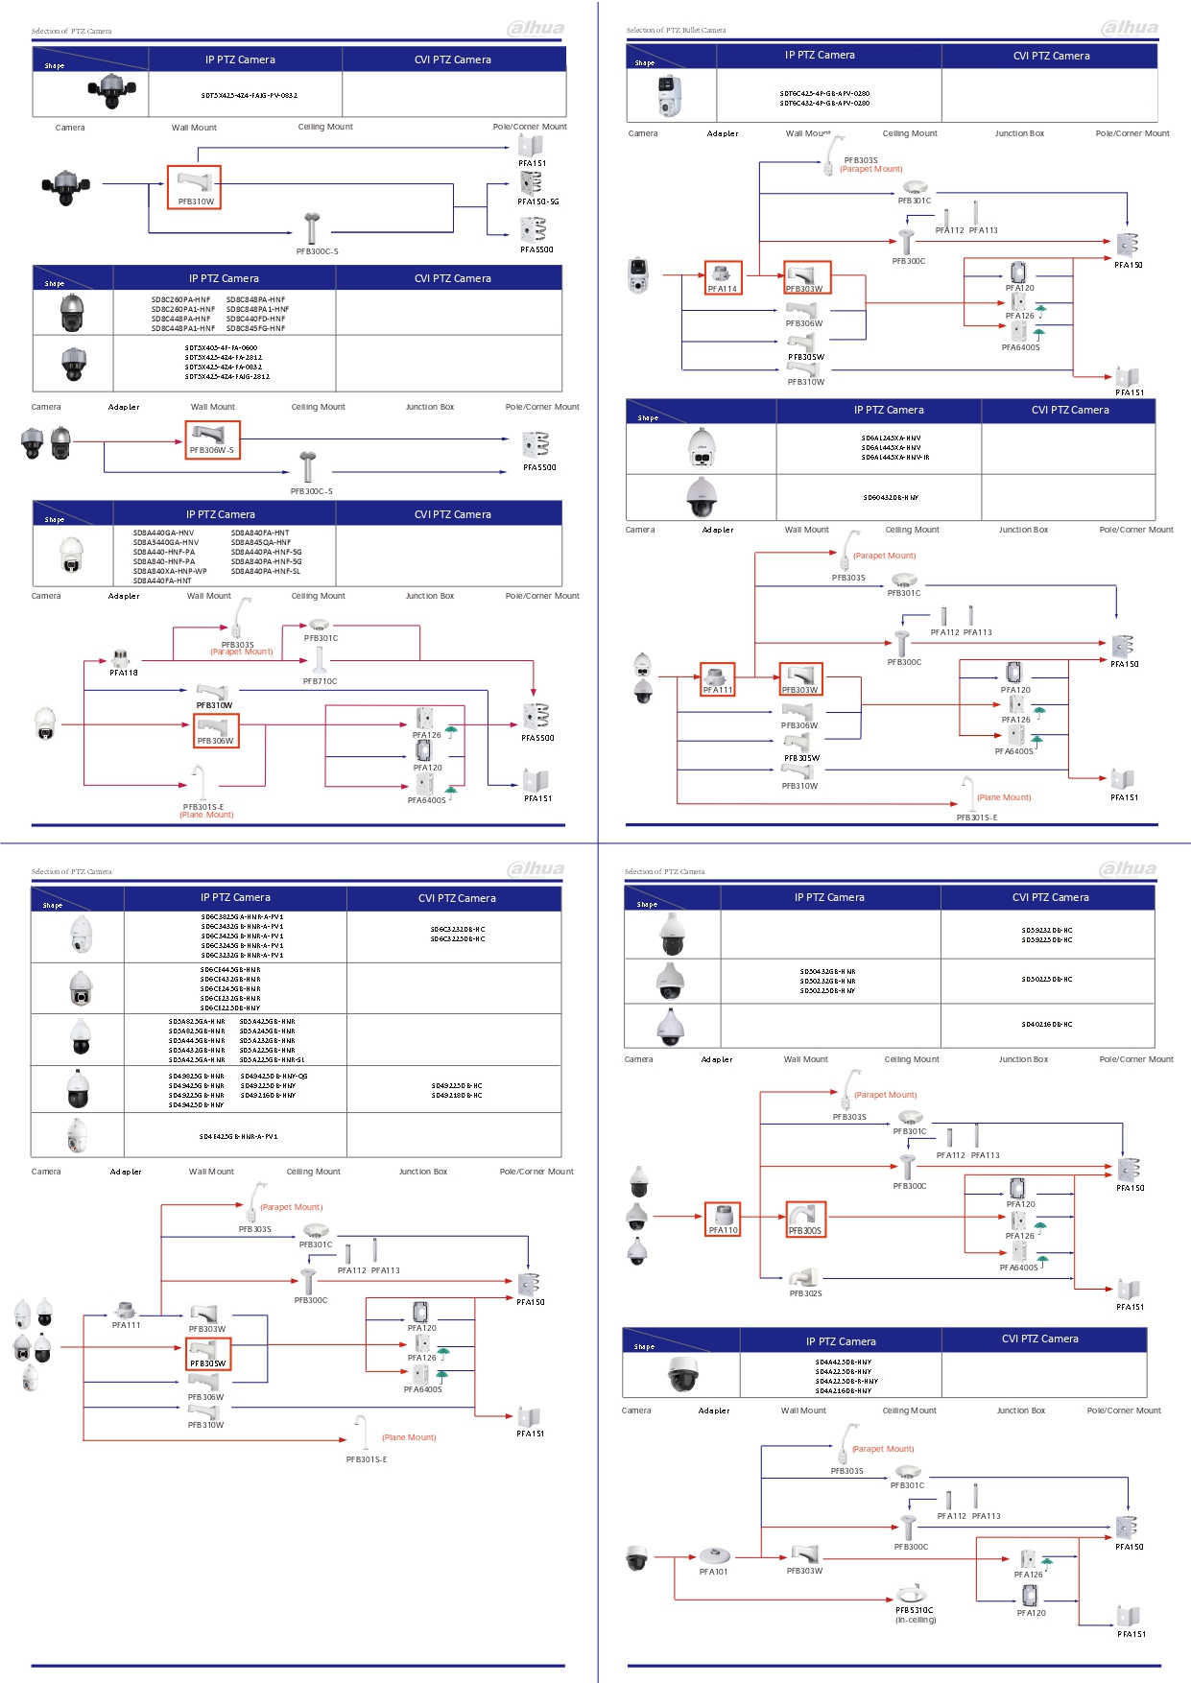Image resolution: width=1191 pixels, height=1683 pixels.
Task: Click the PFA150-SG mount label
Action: point(537,201)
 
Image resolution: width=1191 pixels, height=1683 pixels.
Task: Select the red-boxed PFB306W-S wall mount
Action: point(212,440)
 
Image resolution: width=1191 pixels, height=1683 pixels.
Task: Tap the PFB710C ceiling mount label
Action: point(320,681)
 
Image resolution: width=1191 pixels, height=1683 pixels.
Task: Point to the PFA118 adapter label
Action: point(124,673)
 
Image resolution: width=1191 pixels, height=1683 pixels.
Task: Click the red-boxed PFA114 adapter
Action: point(723,278)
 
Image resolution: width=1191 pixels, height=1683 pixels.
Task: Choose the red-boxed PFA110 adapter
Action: point(723,1220)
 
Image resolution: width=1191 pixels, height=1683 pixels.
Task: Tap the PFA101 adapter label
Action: point(713,1572)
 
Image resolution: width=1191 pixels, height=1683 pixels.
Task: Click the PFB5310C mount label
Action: point(914,1610)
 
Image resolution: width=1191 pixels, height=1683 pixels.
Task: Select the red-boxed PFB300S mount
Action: point(805,1221)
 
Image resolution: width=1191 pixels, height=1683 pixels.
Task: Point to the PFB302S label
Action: point(805,1293)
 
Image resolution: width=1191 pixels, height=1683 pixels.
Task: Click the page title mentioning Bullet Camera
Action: point(676,31)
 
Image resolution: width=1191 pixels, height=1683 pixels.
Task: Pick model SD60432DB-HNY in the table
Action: point(890,498)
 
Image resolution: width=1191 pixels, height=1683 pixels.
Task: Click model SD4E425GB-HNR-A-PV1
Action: point(238,1136)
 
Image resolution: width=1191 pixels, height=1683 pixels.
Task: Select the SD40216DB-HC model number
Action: point(1046,1025)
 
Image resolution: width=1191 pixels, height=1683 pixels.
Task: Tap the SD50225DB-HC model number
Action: point(1046,980)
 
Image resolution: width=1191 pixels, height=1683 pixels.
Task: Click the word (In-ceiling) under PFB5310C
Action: point(916,1620)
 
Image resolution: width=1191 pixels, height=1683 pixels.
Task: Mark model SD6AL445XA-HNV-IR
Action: point(894,458)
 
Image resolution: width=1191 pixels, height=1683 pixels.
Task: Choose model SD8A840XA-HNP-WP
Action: point(170,571)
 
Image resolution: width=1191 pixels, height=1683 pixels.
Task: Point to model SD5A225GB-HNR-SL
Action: point(272,1060)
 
